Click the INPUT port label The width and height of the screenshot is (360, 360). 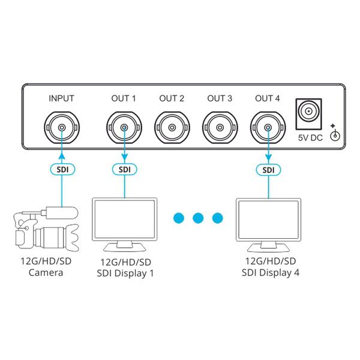[x=61, y=98]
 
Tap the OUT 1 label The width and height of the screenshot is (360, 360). [x=124, y=98]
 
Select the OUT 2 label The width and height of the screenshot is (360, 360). [x=172, y=98]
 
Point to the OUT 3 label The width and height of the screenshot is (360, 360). [x=220, y=98]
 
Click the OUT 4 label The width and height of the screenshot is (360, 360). [x=268, y=98]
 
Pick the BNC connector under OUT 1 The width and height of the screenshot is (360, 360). [x=124, y=127]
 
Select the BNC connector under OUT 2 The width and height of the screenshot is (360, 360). [x=172, y=127]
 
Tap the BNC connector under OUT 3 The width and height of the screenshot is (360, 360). [x=220, y=127]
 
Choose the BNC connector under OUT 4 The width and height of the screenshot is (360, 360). [x=268, y=127]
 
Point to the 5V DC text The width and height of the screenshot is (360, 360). [x=311, y=138]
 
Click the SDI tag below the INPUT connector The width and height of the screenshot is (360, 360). [x=62, y=170]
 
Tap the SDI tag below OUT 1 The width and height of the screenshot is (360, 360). [x=124, y=170]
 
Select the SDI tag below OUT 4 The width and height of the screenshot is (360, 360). [x=268, y=170]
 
